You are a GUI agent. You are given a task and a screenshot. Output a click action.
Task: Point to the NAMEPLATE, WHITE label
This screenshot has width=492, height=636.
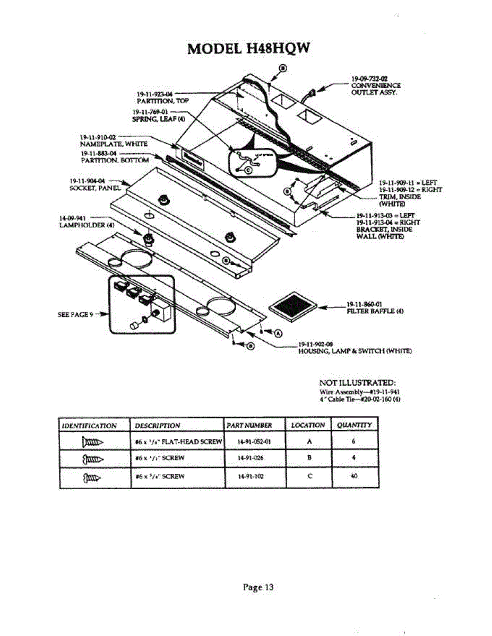[114, 143]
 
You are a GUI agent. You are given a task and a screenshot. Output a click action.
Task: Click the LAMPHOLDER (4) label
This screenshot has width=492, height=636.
[87, 224]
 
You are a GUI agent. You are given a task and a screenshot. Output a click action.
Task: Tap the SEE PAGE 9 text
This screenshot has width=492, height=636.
[75, 314]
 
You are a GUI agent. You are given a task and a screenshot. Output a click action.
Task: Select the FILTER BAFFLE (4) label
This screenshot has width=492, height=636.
[376, 311]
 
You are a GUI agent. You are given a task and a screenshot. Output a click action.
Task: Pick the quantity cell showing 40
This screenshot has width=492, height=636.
[355, 476]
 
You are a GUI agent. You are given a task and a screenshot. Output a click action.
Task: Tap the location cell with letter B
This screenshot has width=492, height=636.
[309, 458]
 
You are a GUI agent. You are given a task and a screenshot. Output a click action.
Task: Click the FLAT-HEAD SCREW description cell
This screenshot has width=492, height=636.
[178, 441]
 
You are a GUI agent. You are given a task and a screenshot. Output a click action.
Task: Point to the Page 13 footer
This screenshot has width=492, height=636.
[258, 587]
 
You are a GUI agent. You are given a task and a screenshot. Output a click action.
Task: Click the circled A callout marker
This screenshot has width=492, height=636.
[278, 333]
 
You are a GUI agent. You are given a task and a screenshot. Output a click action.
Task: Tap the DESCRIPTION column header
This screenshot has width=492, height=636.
[158, 425]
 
